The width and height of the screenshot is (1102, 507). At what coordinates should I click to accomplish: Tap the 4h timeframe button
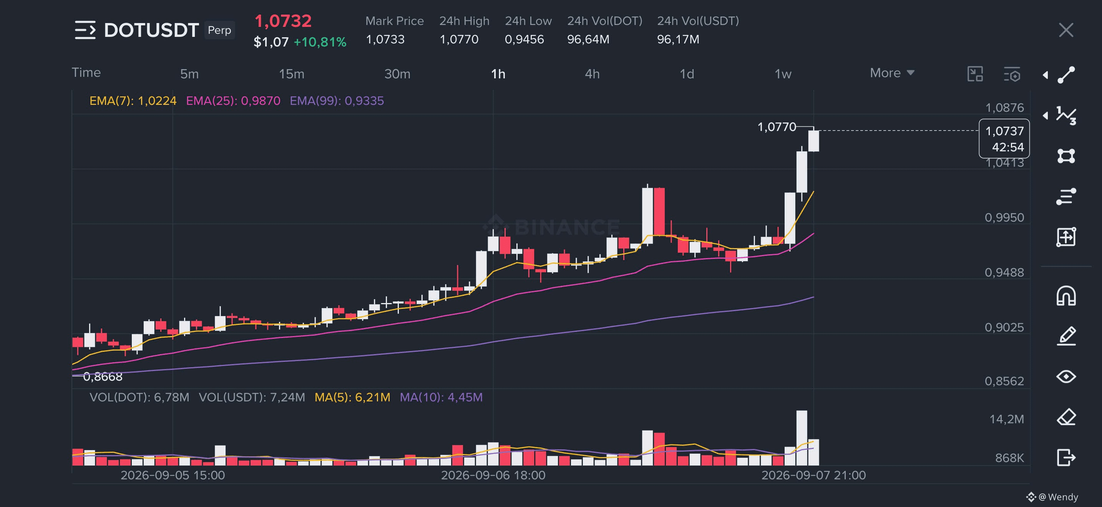592,74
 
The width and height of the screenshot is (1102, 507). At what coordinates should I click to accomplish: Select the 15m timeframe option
291,74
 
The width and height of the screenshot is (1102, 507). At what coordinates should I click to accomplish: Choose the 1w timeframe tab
783,74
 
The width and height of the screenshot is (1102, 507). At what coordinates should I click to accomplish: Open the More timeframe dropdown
892,73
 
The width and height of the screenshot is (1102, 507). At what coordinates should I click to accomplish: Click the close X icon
1065,30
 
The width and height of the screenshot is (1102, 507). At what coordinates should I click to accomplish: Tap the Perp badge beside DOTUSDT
219,30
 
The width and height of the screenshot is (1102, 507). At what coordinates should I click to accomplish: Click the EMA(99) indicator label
337,101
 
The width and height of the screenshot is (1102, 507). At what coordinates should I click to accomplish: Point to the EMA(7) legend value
133,101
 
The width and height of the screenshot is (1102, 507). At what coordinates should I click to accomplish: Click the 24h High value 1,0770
459,39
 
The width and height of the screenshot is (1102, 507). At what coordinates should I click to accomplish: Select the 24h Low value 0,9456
524,39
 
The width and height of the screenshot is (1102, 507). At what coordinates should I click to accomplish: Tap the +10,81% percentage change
320,42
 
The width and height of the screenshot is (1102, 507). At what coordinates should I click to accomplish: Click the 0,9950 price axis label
1004,218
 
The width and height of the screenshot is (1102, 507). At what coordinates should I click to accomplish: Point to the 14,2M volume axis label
1007,419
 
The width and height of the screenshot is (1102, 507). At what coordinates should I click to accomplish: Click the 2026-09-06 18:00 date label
493,476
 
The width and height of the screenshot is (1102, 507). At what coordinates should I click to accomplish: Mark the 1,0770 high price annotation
777,127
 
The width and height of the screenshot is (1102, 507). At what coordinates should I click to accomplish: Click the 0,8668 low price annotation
103,377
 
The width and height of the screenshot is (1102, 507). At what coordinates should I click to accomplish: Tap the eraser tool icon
1065,417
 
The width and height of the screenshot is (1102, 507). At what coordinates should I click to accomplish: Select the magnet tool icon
1065,295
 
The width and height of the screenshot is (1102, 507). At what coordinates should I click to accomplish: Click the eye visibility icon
1065,377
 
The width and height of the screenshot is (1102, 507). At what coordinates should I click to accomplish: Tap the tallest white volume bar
801,438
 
